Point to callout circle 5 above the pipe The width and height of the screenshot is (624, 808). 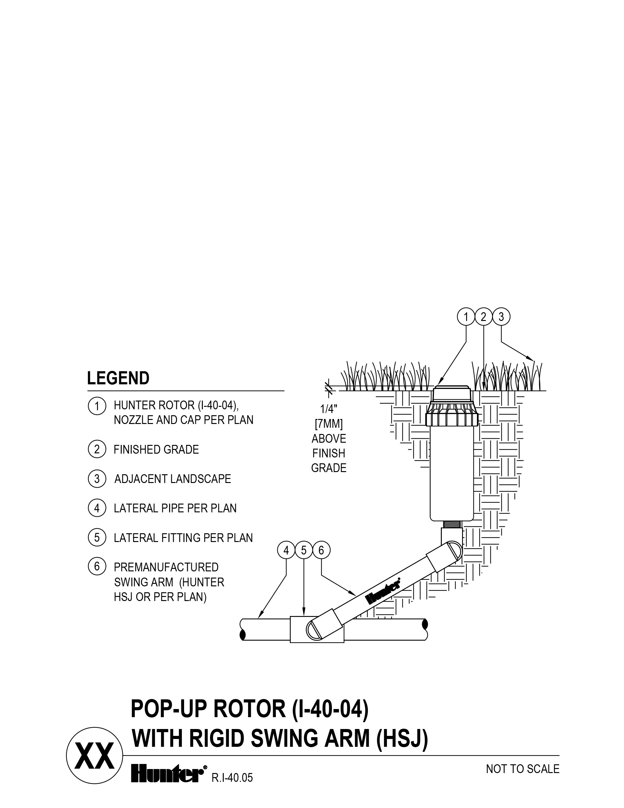pos(304,551)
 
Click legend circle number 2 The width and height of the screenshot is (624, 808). pos(97,450)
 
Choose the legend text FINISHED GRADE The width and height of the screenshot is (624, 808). pos(156,450)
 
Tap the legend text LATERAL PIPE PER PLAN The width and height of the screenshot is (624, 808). pos(175,508)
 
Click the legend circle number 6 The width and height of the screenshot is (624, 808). pos(97,566)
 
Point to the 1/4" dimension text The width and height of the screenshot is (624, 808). pos(329,409)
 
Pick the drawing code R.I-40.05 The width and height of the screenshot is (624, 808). pos(232,778)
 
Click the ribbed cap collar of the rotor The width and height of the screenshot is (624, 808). pos(452,418)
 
